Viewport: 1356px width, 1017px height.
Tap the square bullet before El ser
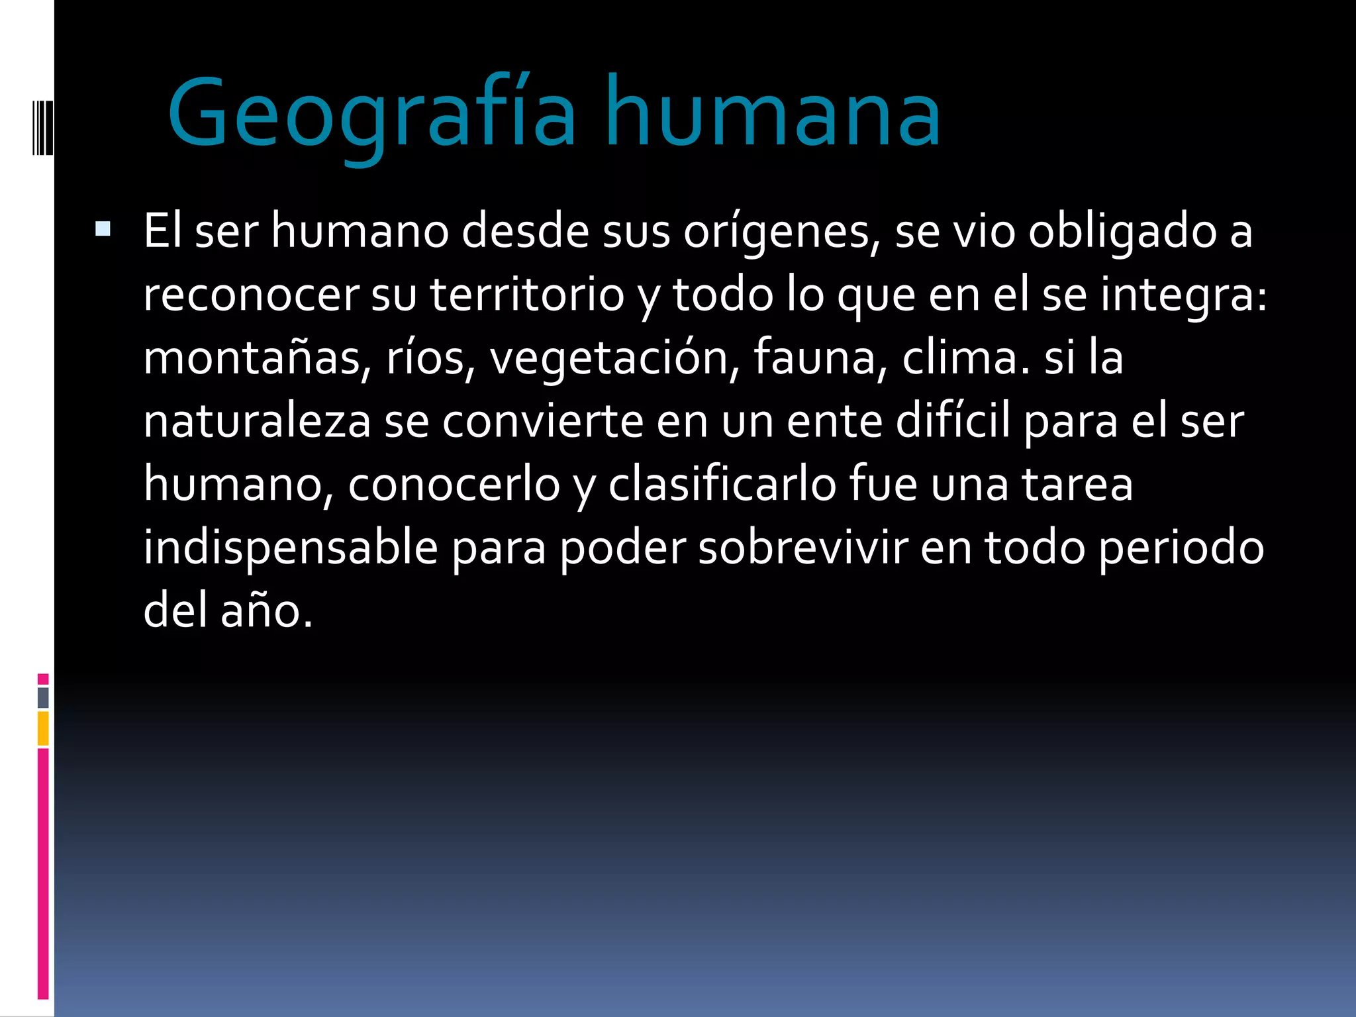click(x=103, y=229)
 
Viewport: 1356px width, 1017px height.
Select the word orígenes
click(x=782, y=232)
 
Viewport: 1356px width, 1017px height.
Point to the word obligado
click(x=1122, y=232)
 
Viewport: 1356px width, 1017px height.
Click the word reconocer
click(x=251, y=295)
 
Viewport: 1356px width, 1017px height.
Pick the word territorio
click(x=527, y=295)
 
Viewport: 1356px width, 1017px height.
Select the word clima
click(x=964, y=358)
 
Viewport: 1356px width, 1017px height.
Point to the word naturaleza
click(x=257, y=422)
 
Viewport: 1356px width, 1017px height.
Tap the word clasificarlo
click(x=722, y=484)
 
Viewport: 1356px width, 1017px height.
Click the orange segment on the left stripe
click(x=43, y=728)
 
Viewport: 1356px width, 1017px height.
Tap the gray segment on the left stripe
click(x=43, y=697)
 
